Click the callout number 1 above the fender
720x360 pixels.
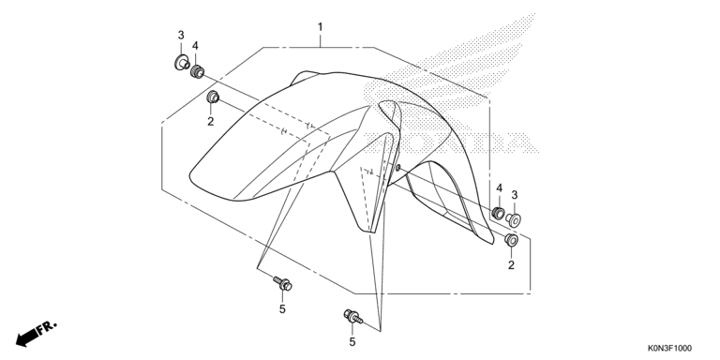320,27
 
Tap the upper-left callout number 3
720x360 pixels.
181,35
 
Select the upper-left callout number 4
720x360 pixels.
195,45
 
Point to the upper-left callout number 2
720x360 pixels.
210,121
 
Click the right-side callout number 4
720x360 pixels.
499,187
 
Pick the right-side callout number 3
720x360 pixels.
515,195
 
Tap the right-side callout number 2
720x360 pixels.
511,265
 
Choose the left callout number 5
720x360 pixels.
282,309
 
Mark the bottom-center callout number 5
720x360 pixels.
352,341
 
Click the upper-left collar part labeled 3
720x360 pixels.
182,63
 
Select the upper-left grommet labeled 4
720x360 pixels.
198,71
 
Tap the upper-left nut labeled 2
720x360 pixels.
213,97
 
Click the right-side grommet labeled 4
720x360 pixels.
498,214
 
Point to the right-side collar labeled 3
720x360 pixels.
514,220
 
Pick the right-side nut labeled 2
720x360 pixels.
511,240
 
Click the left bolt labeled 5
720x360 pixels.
282,283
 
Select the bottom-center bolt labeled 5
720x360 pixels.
352,316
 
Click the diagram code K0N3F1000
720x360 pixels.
669,349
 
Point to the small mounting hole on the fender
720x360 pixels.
397,169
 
